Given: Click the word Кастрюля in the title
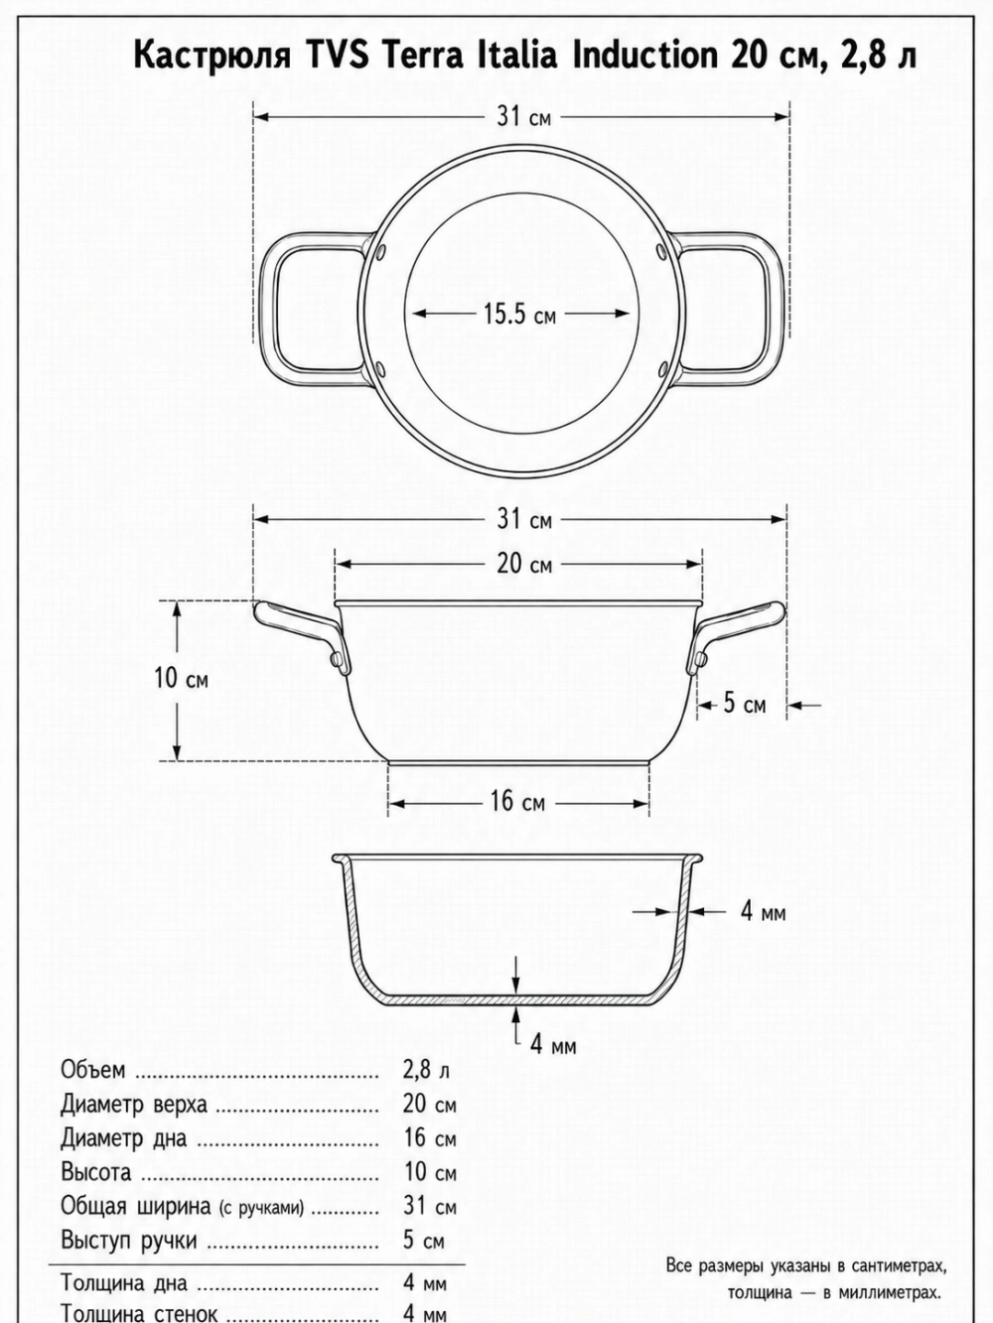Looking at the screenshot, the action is [212, 56].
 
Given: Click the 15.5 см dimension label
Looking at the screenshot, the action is [519, 314].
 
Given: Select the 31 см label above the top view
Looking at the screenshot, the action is [523, 116].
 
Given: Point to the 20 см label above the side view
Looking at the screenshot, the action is [524, 564].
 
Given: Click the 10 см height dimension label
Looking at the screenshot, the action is [181, 678].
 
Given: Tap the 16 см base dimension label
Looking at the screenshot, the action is [517, 802].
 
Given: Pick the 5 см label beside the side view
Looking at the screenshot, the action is [744, 704].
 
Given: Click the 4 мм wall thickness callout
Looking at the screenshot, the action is [764, 929].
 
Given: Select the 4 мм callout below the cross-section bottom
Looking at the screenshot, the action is [553, 1044].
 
